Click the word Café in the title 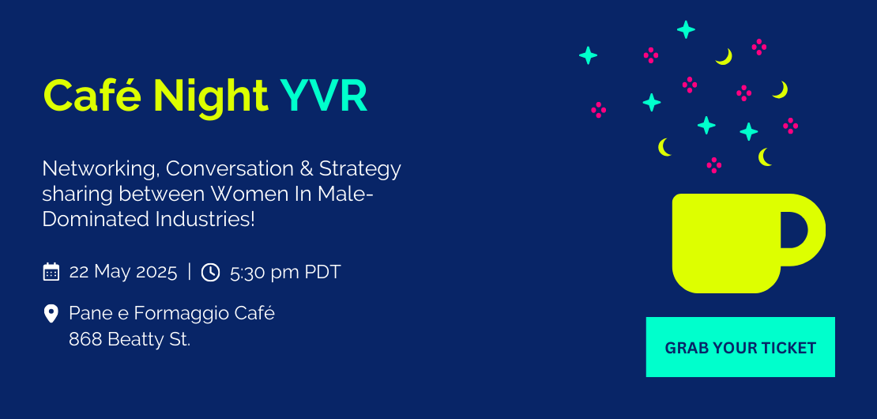click(92, 96)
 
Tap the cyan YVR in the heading click(323, 96)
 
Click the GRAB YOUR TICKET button click(740, 347)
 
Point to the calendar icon click(51, 272)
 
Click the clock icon click(210, 273)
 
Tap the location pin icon click(51, 314)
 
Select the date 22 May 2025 click(123, 272)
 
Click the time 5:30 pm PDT click(285, 273)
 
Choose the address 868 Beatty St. click(130, 339)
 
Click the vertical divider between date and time click(190, 272)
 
